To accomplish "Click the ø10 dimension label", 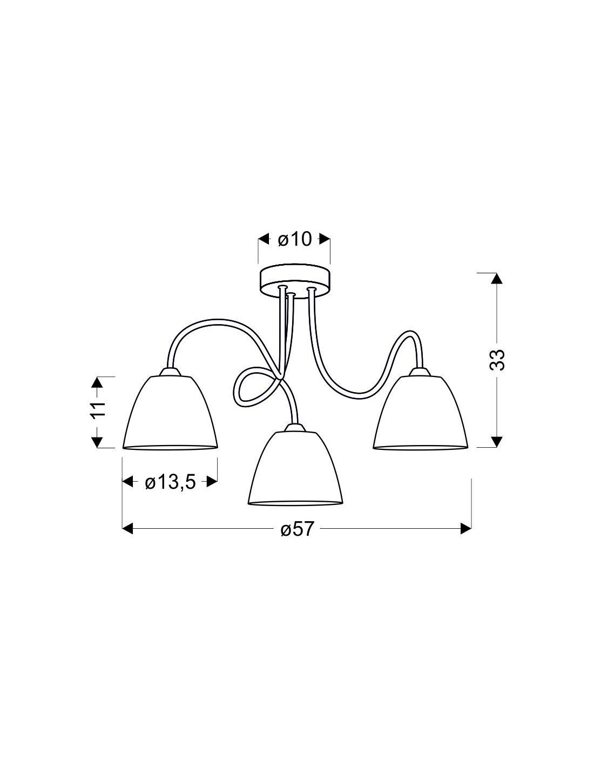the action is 295,240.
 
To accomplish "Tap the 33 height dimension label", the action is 497,360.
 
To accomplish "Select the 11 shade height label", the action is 99,409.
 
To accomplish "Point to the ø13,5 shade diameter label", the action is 170,482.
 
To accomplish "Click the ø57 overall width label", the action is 297,539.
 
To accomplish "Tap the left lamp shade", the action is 170,413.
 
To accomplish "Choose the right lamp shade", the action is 421,413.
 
